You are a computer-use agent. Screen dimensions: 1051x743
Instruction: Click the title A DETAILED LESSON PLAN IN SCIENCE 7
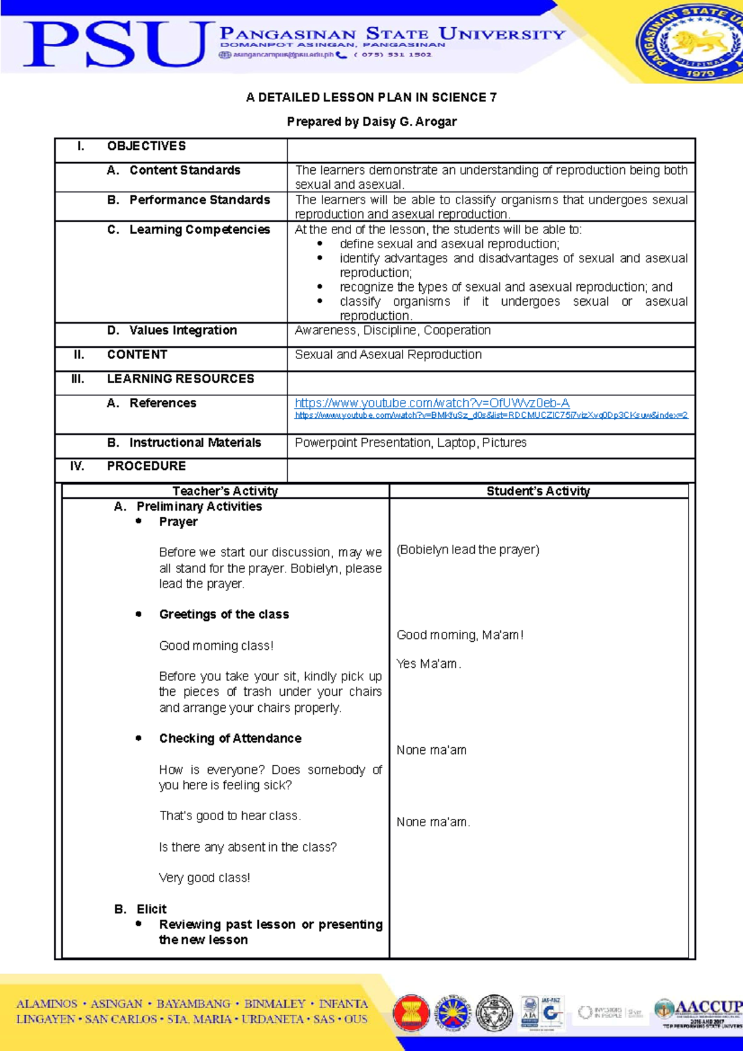coord(371,97)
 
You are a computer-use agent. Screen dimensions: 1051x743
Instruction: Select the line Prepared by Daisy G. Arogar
coord(371,121)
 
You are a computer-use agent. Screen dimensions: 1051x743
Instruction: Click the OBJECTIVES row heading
coord(146,146)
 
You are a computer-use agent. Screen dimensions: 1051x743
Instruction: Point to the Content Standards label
coord(185,170)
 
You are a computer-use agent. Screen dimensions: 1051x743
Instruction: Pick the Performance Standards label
coord(199,200)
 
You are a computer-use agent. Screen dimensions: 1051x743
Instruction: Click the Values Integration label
coord(183,331)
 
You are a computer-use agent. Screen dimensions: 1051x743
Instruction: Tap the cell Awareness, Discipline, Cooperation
coord(393,331)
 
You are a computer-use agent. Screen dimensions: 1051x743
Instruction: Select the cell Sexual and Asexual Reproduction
coord(388,355)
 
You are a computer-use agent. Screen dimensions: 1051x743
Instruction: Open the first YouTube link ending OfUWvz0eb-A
coord(432,403)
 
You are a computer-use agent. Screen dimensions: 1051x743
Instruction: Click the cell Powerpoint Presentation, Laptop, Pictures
coord(411,443)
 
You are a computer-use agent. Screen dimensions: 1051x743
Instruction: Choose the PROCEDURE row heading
coord(146,466)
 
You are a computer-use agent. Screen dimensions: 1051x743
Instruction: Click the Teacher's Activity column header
coord(225,491)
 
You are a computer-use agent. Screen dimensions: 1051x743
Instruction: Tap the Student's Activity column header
coord(538,491)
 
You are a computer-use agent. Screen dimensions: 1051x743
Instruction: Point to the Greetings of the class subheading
coord(224,615)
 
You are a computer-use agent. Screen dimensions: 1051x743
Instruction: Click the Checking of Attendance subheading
coord(230,738)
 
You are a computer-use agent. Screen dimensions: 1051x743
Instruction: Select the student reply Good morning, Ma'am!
coord(460,635)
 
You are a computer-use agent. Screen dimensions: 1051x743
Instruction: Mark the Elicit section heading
coord(151,909)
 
